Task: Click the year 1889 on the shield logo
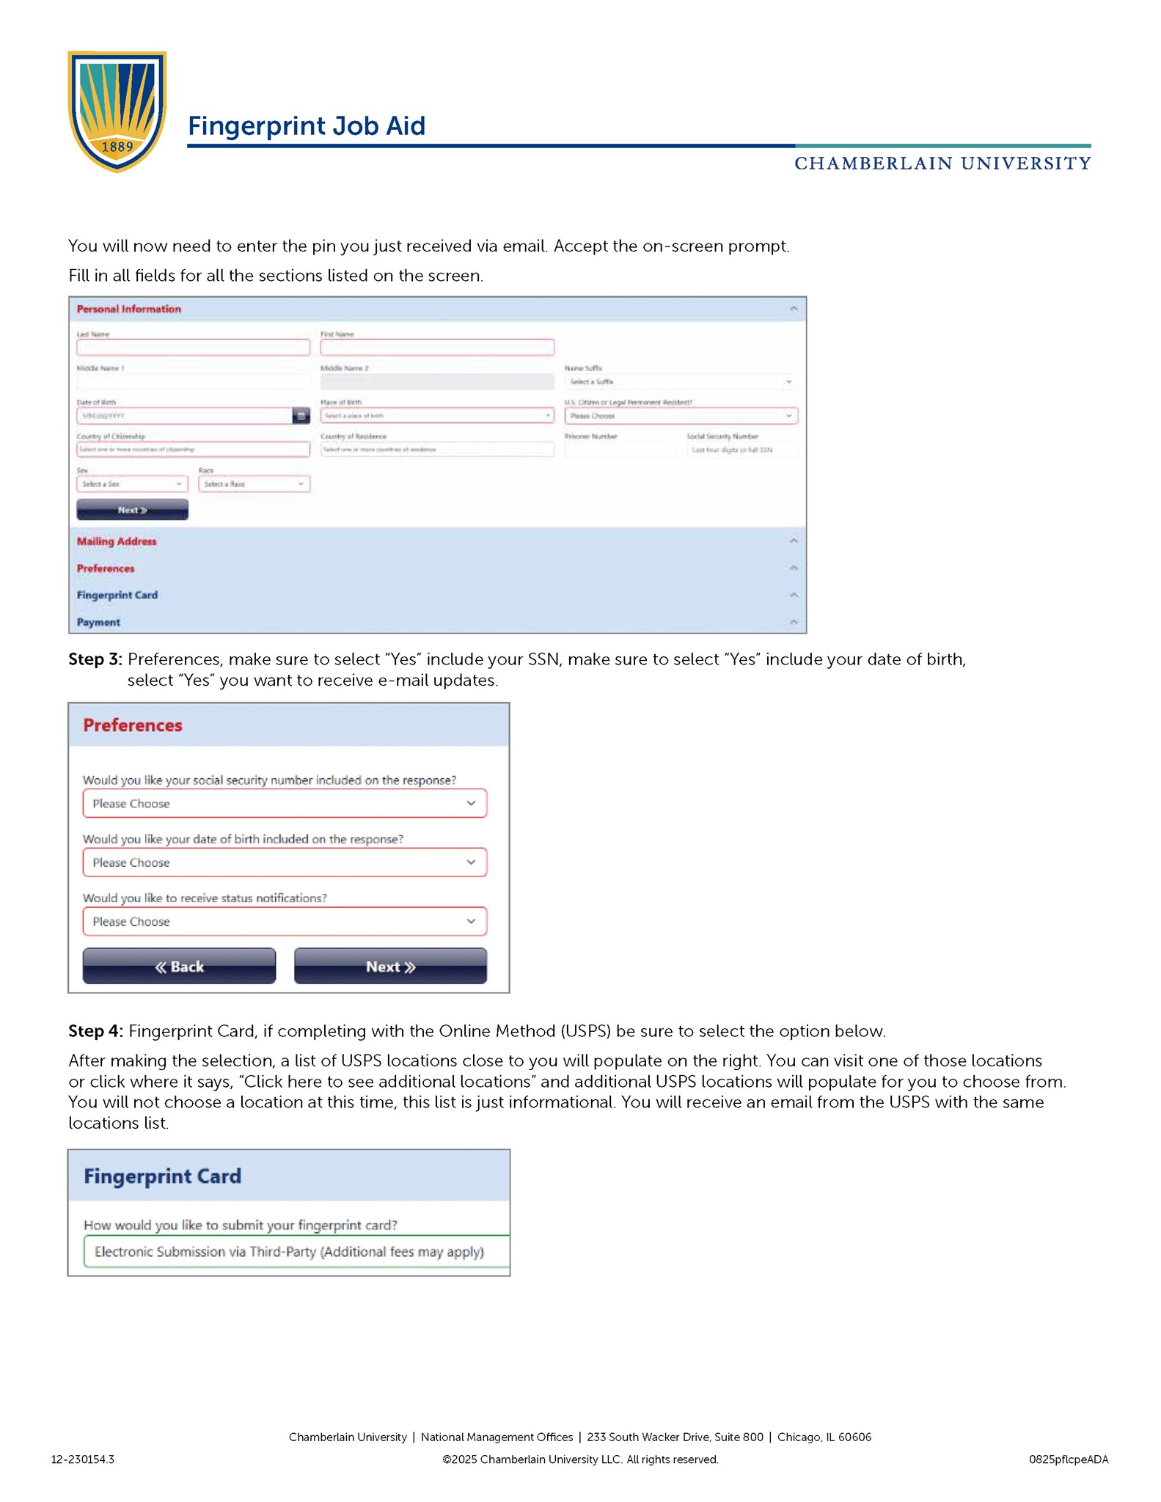click(117, 147)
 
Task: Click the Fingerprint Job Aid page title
click(306, 126)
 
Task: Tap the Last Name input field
click(193, 348)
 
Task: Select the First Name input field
click(436, 348)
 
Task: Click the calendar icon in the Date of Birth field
click(301, 416)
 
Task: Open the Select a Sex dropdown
click(132, 484)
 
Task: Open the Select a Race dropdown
click(254, 484)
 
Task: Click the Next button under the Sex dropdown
click(132, 510)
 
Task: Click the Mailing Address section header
click(117, 541)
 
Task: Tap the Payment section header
click(98, 623)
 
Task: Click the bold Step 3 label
click(95, 659)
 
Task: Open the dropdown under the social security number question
click(285, 804)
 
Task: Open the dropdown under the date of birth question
click(285, 862)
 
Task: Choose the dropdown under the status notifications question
click(285, 922)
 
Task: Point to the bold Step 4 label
click(95, 1031)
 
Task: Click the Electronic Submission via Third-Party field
click(293, 1252)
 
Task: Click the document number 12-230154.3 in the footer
click(82, 1459)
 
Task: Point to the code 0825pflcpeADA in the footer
click(1068, 1459)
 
